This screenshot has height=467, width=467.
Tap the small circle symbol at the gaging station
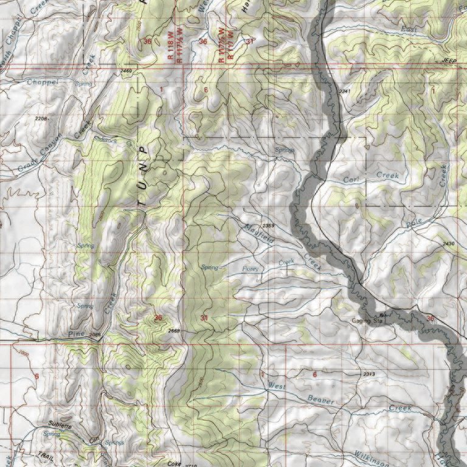382,315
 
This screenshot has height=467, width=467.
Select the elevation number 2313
369,373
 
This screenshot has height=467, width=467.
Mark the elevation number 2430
449,243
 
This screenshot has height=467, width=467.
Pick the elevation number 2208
42,118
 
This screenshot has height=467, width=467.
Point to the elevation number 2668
173,330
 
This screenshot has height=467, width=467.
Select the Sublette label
60,427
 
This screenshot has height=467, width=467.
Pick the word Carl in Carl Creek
352,179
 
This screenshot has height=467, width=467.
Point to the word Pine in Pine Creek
76,334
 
